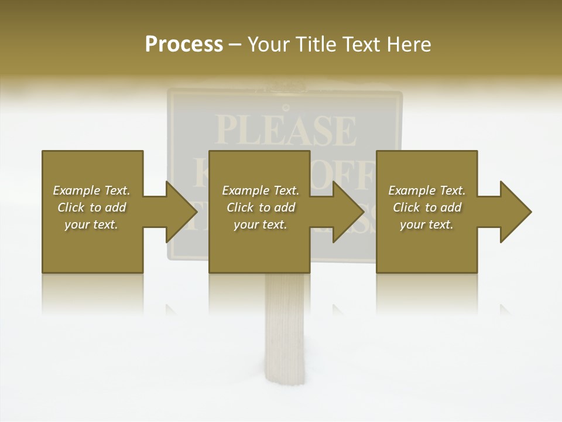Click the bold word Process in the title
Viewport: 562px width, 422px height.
[x=184, y=45]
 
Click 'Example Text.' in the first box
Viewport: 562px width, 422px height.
[x=91, y=190]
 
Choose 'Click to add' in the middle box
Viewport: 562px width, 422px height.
[x=261, y=207]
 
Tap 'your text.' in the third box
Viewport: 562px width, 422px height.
[x=427, y=224]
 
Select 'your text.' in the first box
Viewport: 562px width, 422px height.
[x=91, y=224]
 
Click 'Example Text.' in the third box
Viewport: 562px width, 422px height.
[x=427, y=190]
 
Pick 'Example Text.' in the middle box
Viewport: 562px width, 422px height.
[x=261, y=190]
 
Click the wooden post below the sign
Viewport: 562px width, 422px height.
[x=285, y=328]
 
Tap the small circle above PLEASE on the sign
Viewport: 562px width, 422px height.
[x=286, y=107]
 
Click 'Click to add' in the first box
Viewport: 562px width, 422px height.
[x=91, y=207]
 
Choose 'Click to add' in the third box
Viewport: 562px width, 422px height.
[x=427, y=207]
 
